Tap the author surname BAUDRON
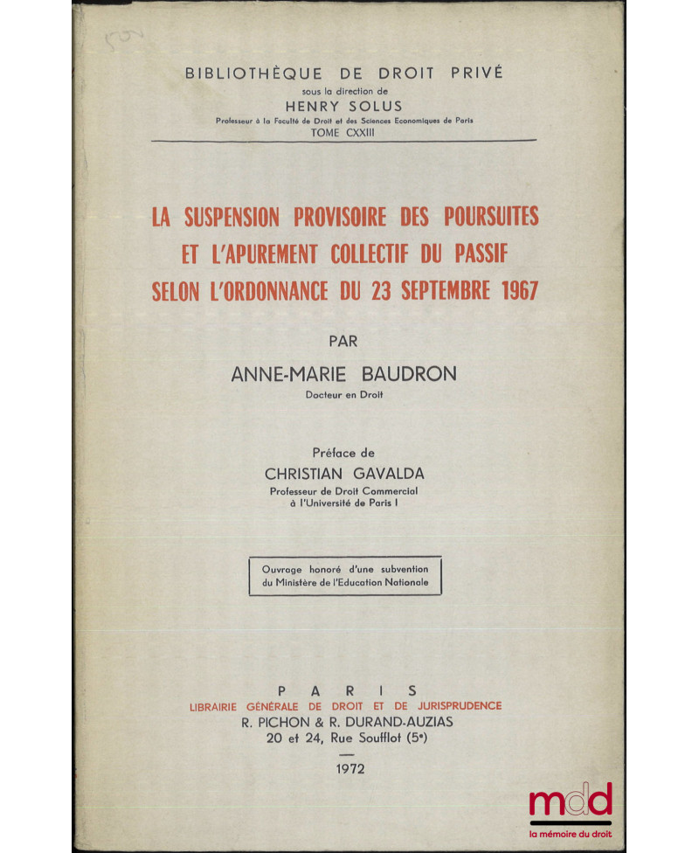click(x=406, y=374)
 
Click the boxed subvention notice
click(x=345, y=576)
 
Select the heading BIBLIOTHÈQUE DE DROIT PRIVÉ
click(x=343, y=73)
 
